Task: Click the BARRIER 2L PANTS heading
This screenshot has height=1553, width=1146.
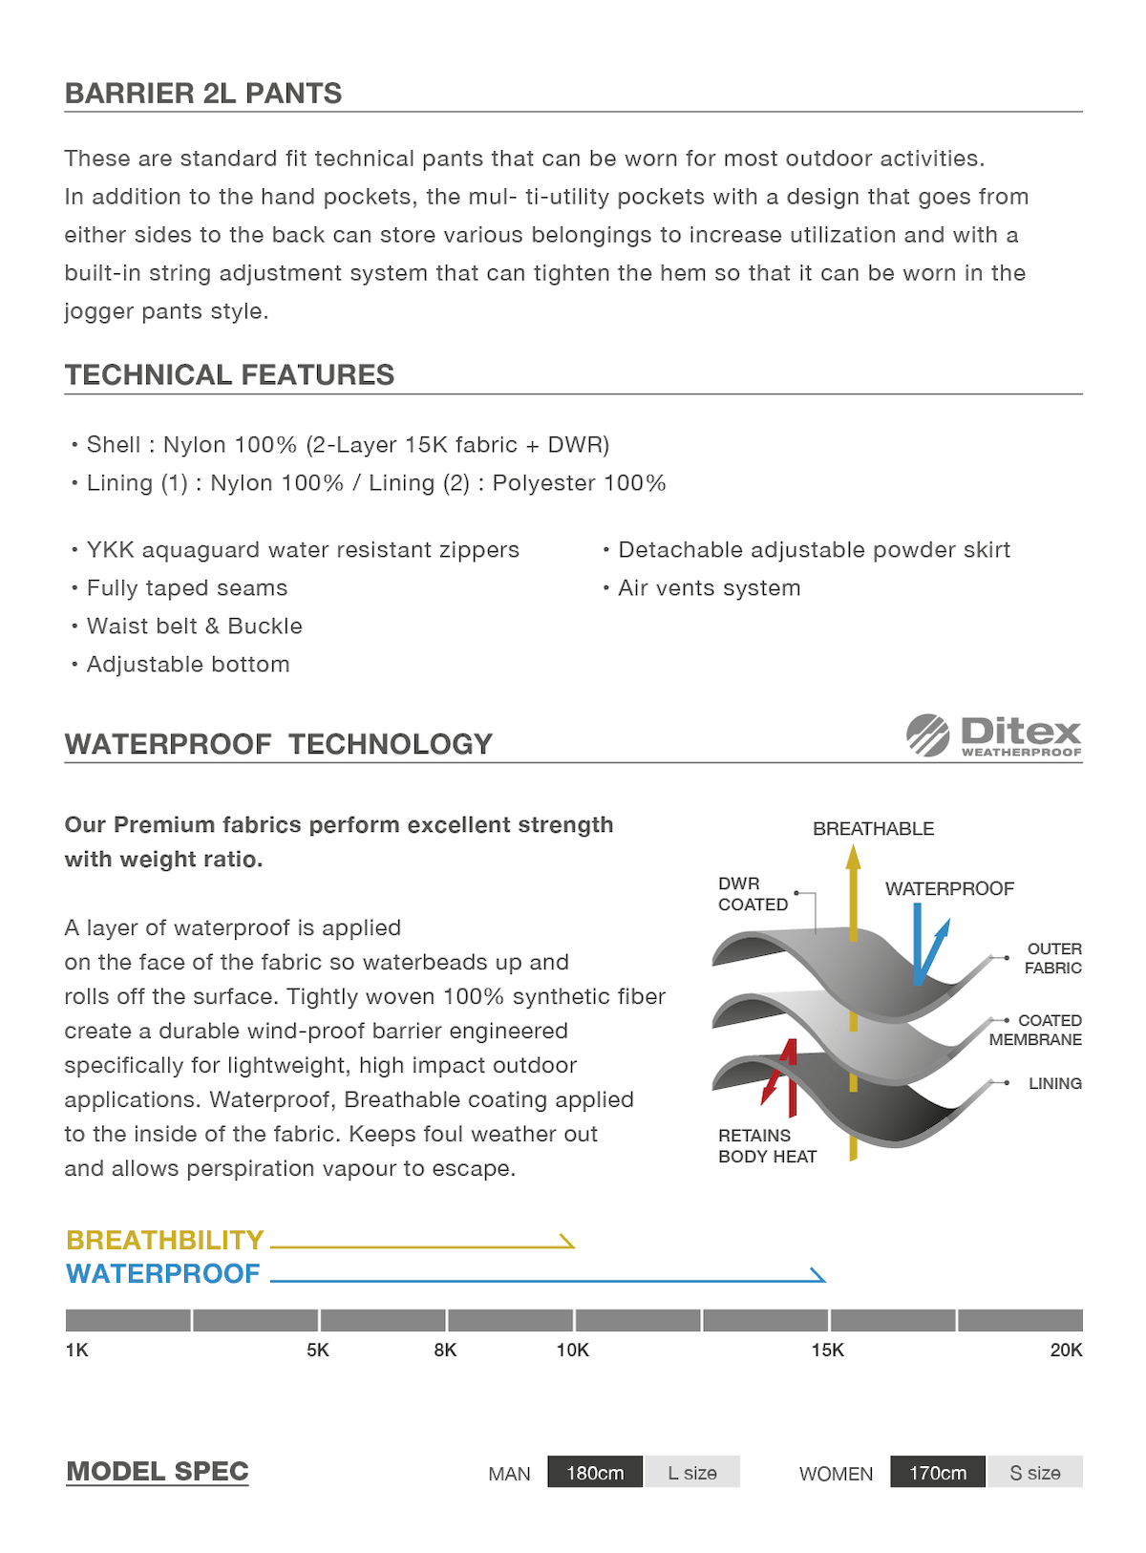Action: click(203, 94)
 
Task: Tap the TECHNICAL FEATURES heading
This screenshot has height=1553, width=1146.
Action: click(229, 375)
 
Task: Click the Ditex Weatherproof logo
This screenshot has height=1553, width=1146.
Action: click(993, 735)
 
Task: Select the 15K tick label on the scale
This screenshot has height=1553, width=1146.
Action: click(827, 1350)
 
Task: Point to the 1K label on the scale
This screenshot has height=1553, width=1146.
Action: click(77, 1350)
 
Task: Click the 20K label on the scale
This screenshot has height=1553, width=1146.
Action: click(1066, 1350)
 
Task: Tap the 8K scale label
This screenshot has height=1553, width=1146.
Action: click(445, 1350)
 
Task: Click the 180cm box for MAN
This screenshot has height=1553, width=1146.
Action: click(595, 1473)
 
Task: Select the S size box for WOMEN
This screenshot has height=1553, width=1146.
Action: click(1035, 1473)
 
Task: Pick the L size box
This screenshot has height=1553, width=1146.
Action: click(692, 1473)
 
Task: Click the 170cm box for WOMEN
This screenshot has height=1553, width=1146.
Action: click(938, 1473)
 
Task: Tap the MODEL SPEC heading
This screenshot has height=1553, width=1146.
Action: click(158, 1472)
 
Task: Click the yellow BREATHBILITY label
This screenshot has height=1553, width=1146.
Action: click(165, 1240)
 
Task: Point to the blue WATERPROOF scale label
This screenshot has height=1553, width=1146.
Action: click(163, 1274)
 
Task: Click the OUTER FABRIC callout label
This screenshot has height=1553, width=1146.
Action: click(1053, 958)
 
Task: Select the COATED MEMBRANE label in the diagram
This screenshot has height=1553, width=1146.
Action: click(1036, 1030)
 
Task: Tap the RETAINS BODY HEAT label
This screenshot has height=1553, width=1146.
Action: click(768, 1145)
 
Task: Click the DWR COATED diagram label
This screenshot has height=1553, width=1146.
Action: click(753, 894)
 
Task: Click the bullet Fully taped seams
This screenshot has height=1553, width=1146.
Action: click(187, 588)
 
